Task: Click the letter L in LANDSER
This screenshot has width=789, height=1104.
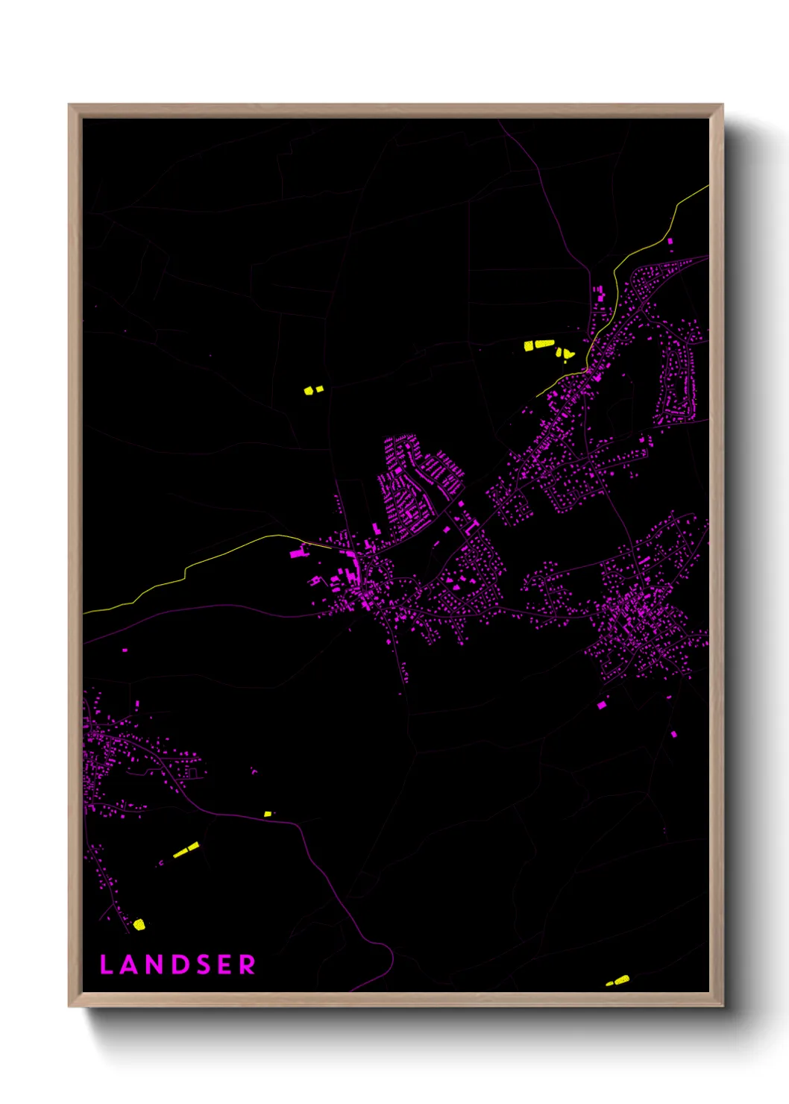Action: [105, 965]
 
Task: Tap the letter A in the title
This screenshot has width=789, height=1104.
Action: [128, 965]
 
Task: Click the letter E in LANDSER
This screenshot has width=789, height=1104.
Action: [224, 965]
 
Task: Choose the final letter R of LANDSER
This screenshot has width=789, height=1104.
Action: [248, 965]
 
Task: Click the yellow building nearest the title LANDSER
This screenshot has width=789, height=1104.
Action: [139, 925]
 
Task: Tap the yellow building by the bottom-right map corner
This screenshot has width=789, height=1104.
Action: [619, 980]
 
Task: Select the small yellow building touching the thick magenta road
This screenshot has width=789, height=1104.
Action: [267, 814]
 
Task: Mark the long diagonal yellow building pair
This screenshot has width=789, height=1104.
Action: [186, 850]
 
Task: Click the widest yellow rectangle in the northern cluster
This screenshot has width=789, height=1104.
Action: [544, 344]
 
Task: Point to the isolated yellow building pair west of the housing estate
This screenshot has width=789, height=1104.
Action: [312, 389]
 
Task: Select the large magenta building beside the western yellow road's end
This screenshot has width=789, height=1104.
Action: [298, 553]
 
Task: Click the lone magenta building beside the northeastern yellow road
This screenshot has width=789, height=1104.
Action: [670, 241]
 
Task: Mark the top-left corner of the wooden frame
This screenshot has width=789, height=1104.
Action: [69, 104]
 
